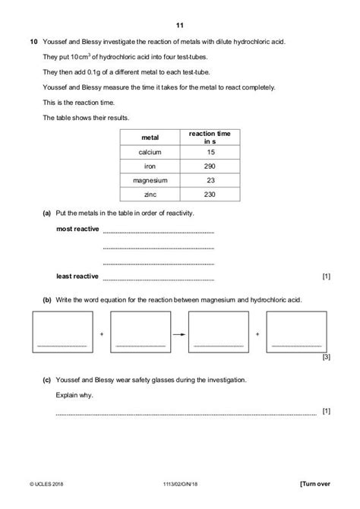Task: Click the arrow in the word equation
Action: pos(178,333)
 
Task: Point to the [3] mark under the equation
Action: pos(326,356)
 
